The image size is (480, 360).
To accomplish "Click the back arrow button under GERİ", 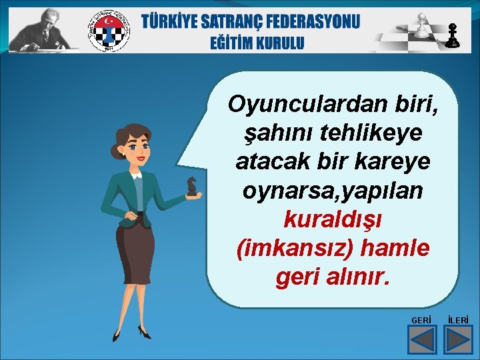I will tap(421, 339).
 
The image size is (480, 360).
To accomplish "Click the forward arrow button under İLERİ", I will tap(458, 339).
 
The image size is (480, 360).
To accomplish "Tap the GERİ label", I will tap(421, 321).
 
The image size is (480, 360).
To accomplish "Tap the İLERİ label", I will tap(458, 321).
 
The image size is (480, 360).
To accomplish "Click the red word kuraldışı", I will tap(332, 219).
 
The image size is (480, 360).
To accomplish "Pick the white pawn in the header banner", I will tap(421, 25).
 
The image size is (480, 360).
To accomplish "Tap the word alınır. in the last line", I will tap(357, 276).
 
